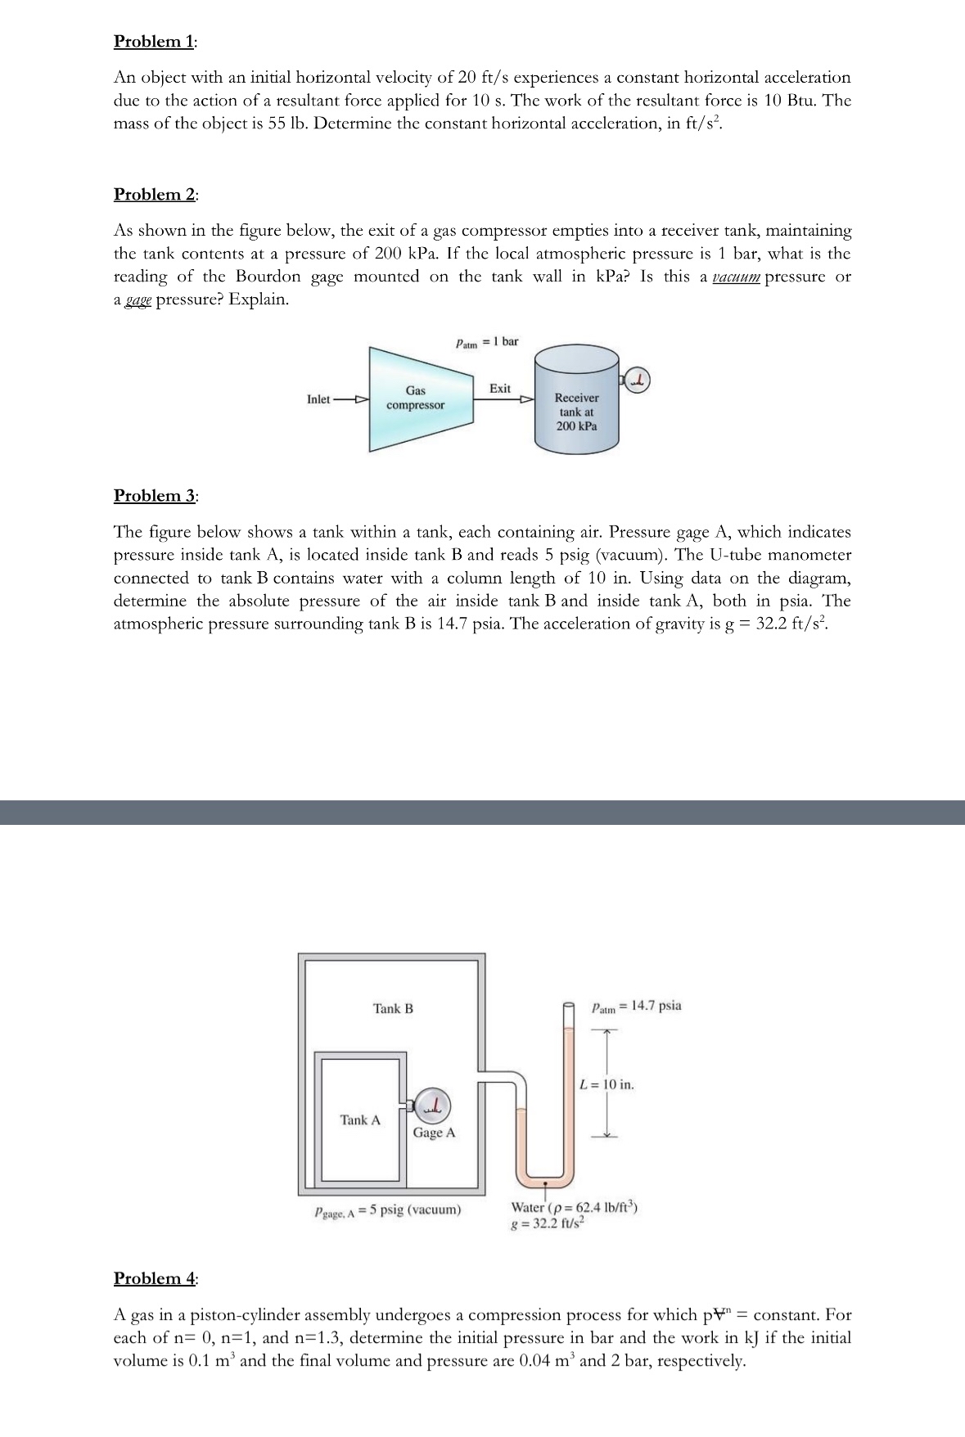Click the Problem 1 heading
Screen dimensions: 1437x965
154,41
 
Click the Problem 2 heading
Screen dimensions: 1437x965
154,194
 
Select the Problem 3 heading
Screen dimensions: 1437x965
154,495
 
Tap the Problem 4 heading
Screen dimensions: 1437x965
154,1278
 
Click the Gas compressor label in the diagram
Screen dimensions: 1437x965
415,399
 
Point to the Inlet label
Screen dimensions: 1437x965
318,399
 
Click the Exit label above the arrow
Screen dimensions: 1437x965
500,388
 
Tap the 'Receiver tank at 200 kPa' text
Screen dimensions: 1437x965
576,412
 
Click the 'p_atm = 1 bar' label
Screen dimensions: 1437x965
486,341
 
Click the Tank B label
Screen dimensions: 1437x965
393,1008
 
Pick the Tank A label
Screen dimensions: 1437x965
360,1119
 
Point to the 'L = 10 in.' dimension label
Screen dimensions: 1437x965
607,1085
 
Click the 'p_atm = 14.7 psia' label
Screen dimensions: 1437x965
636,1006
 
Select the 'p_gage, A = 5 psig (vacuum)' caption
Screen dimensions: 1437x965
387,1210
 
